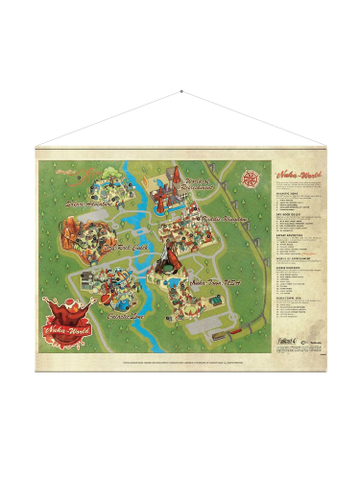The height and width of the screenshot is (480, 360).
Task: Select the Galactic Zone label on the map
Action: [126, 314]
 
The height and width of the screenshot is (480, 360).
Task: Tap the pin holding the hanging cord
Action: [180, 93]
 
